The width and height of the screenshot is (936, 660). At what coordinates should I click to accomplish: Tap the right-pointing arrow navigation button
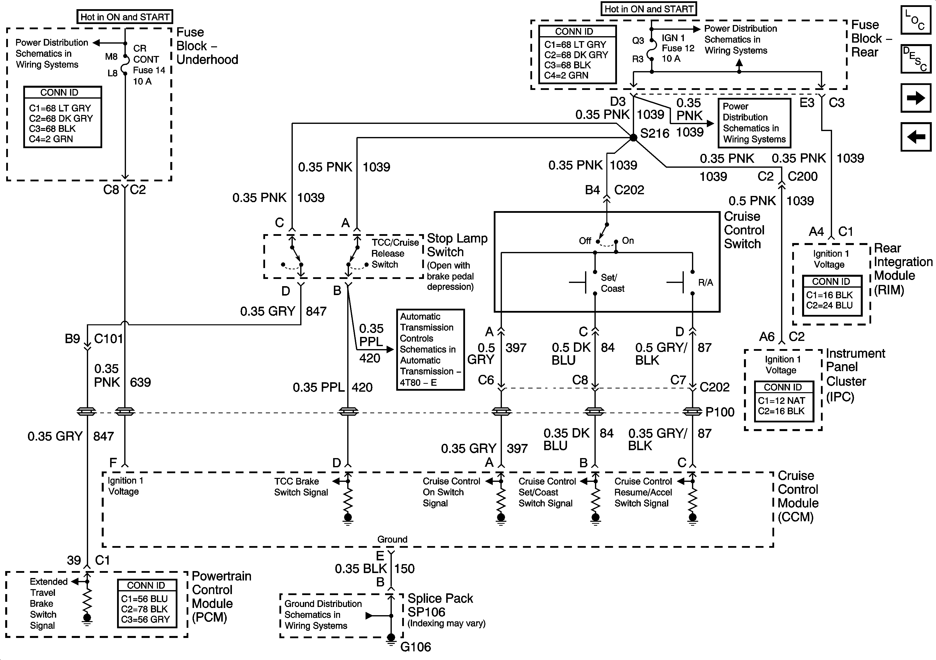[916, 98]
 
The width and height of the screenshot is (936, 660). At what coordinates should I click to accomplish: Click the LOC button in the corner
[916, 20]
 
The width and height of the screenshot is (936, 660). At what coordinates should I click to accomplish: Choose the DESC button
[916, 59]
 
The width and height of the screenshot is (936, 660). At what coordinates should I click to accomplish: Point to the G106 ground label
[416, 647]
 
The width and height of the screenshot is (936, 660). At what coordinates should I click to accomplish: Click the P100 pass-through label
[720, 412]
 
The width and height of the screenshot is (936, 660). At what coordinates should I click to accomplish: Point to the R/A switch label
[705, 282]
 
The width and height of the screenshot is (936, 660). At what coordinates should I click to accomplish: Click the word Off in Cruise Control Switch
[585, 241]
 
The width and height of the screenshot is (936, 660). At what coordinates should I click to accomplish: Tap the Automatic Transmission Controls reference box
[430, 349]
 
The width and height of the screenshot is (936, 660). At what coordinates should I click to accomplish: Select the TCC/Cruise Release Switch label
[395, 253]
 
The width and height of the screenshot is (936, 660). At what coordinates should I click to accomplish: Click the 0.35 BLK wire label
[360, 569]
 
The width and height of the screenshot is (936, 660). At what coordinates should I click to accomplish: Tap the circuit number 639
[140, 383]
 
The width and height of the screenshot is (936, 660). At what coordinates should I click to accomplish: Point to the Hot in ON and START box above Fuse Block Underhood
[125, 17]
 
